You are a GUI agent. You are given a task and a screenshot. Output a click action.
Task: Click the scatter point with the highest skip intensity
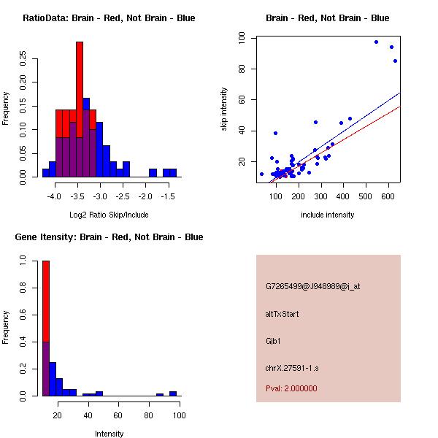click(376, 42)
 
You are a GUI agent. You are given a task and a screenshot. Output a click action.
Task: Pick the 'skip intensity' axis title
click(224, 109)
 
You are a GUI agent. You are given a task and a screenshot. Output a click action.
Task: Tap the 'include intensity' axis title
click(327, 215)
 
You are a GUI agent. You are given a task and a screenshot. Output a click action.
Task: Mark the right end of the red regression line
click(401, 107)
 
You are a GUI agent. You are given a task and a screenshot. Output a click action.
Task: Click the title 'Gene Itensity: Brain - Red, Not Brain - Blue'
click(109, 237)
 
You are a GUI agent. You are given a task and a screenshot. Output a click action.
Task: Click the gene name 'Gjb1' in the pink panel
click(274, 340)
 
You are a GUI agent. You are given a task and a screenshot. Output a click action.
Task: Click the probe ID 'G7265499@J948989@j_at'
click(312, 286)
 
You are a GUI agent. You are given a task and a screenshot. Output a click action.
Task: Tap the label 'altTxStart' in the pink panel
click(283, 314)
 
